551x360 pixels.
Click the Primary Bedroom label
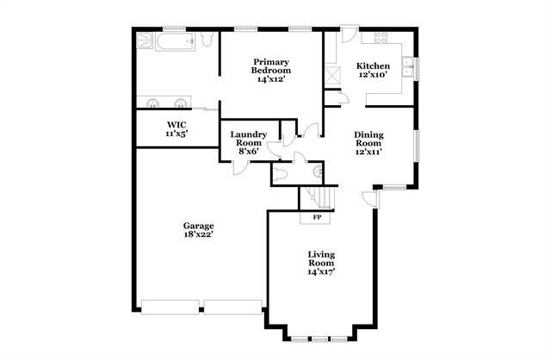click(269, 70)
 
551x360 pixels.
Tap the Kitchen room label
click(373, 70)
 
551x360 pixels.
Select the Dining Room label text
click(369, 143)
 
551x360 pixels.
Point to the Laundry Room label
click(248, 143)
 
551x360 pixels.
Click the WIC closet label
click(176, 129)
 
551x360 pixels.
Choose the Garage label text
click(198, 230)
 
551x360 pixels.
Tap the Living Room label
click(322, 262)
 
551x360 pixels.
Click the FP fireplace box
click(317, 217)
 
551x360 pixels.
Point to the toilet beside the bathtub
click(207, 40)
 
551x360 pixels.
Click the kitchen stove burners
click(376, 38)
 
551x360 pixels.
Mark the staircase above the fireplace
click(315, 199)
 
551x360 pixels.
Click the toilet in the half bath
click(318, 172)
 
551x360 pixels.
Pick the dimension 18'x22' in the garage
click(198, 235)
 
